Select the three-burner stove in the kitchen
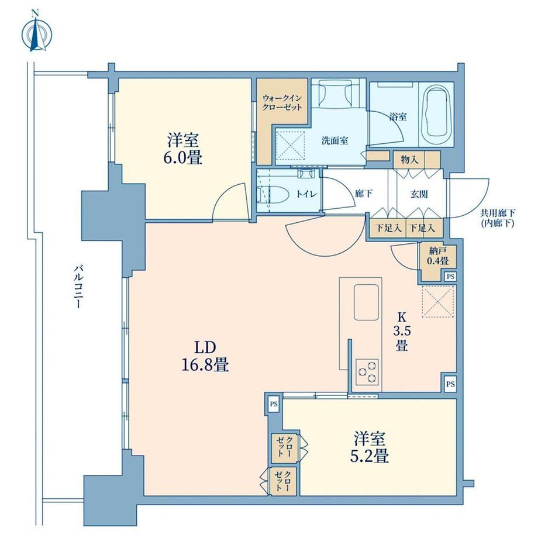pyautogui.click(x=367, y=371)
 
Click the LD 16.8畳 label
pyautogui.click(x=205, y=356)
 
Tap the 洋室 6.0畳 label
pyautogui.click(x=183, y=149)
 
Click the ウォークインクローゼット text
pyautogui.click(x=282, y=102)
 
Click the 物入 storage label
pyautogui.click(x=409, y=160)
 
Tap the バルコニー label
pyautogui.click(x=78, y=287)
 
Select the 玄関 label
pyautogui.click(x=419, y=194)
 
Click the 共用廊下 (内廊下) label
pyautogui.click(x=497, y=218)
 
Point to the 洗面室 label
pyautogui.click(x=335, y=140)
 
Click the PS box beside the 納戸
pyautogui.click(x=450, y=276)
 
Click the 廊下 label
pyautogui.click(x=364, y=194)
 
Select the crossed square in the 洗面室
pyautogui.click(x=291, y=146)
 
